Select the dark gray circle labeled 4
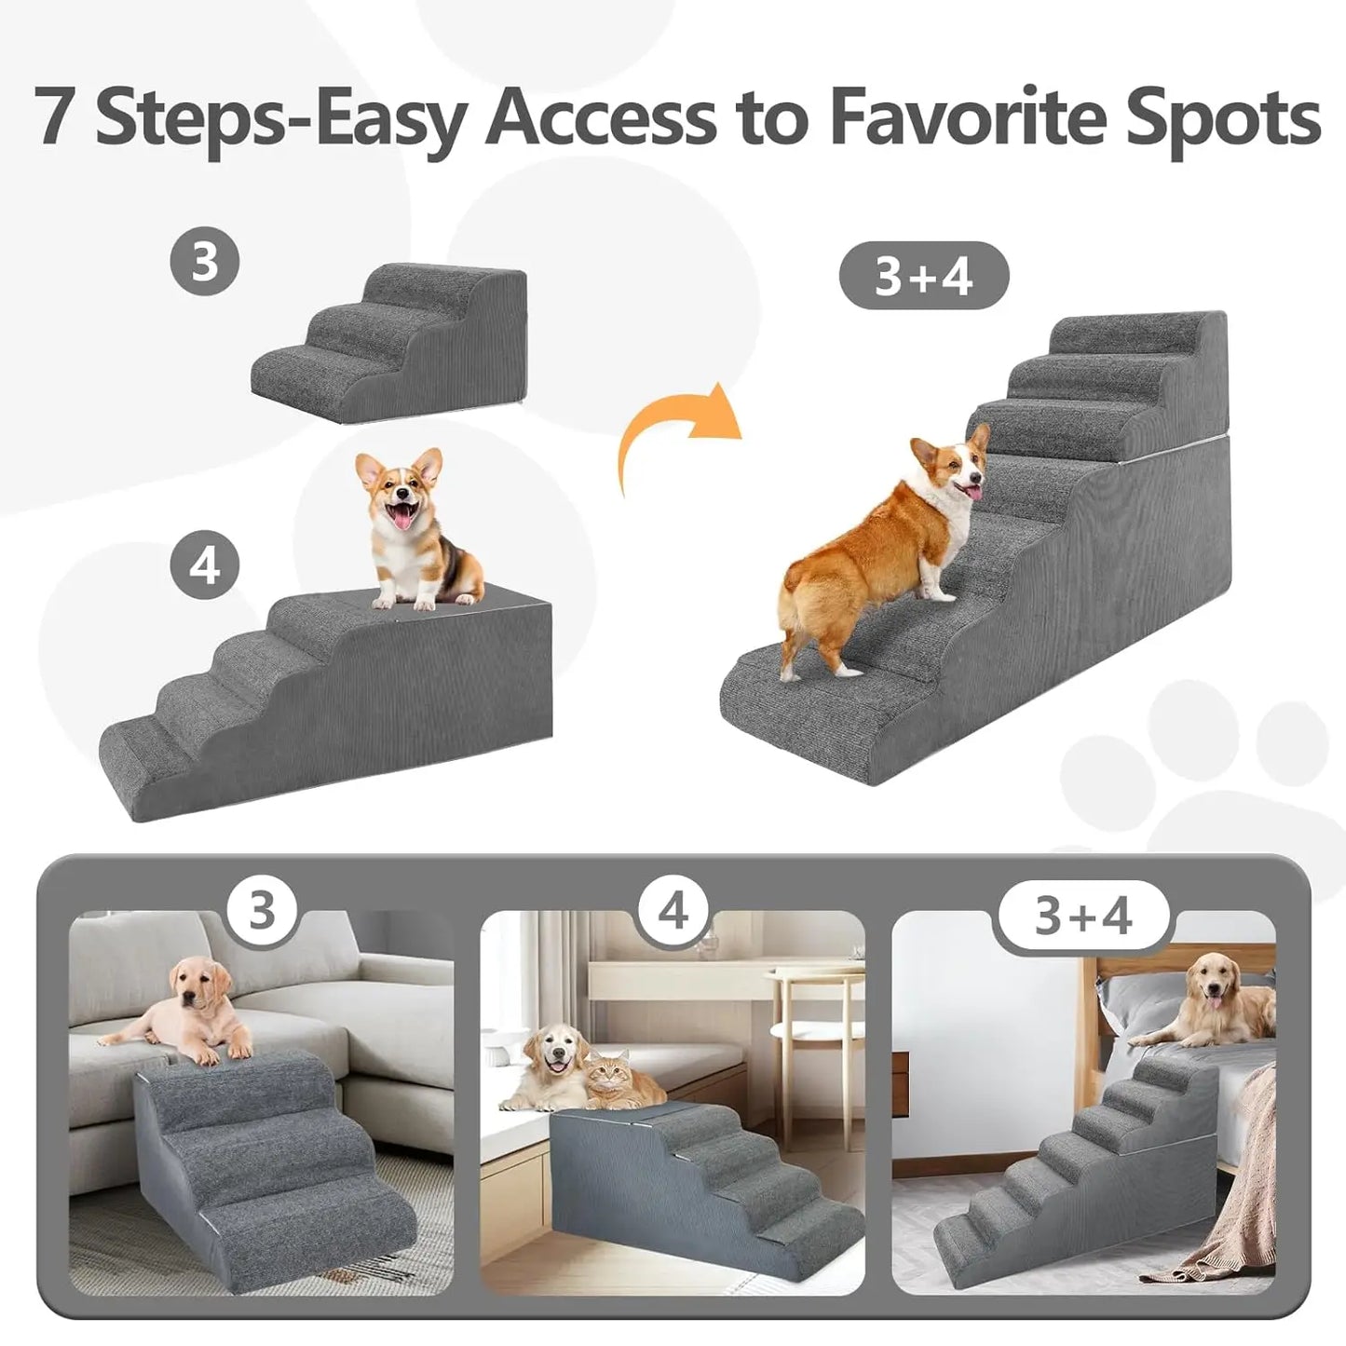tap(205, 565)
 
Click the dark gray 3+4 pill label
tap(923, 276)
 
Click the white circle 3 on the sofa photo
tap(263, 909)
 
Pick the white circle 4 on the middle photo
tap(673, 909)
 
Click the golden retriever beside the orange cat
tap(550, 1067)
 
